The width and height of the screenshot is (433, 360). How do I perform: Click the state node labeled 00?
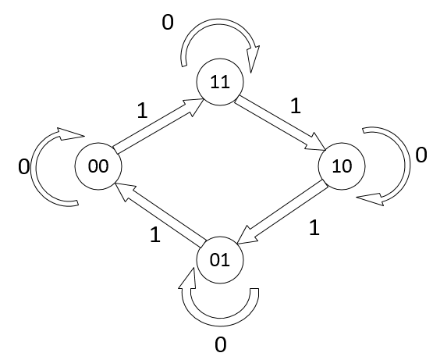coord(98,166)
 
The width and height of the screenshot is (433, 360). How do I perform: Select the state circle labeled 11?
coord(220,82)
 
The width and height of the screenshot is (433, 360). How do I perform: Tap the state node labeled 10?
coord(342,166)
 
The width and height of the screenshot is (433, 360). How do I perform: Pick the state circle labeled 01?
coord(220,260)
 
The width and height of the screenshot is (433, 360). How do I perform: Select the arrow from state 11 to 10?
coord(281,123)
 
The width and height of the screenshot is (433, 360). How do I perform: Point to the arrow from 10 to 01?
coord(282,212)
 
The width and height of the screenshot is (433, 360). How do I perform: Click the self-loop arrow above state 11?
coord(218,22)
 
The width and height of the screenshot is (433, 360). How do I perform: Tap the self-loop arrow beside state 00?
coord(34,168)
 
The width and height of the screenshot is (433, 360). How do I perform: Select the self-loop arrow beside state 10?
coord(407,166)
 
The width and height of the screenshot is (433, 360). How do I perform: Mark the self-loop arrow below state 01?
coord(220,322)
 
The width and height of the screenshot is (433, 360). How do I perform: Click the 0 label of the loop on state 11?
coord(168,23)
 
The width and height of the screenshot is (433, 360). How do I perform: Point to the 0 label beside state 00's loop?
coord(23,167)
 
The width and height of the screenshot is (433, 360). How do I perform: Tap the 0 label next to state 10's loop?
coord(421,155)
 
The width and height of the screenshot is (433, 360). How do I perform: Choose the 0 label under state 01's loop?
coord(220,345)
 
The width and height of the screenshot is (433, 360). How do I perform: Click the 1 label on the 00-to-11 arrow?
coord(143,111)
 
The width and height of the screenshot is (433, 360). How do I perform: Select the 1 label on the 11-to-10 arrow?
coord(296,105)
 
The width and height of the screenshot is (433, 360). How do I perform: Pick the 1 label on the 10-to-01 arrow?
coord(314,227)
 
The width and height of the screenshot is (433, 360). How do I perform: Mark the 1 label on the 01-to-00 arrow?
coord(155,235)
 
